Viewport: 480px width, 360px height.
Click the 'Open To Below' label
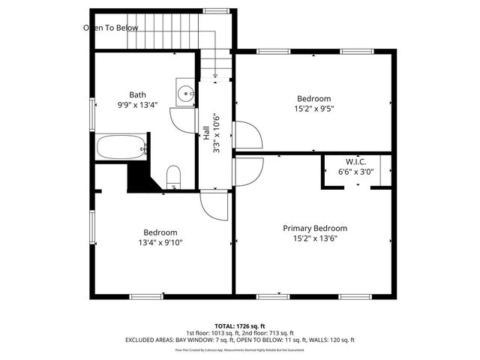pos(110,28)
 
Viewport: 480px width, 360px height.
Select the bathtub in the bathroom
pos(120,147)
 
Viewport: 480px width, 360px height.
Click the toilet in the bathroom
pos(173,176)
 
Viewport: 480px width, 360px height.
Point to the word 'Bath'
pos(137,94)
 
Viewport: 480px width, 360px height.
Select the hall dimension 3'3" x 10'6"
pos(216,133)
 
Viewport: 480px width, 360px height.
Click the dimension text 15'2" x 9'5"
pos(313,108)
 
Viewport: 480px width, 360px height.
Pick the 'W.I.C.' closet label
pos(355,161)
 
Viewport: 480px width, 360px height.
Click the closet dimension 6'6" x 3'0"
pos(355,172)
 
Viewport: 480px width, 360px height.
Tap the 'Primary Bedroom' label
pos(314,228)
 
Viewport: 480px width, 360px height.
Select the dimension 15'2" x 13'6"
pos(314,238)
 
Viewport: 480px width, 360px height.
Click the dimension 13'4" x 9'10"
pos(160,242)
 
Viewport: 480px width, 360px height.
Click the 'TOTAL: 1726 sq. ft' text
pos(239,326)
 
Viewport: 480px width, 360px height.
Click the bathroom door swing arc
pos(183,120)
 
